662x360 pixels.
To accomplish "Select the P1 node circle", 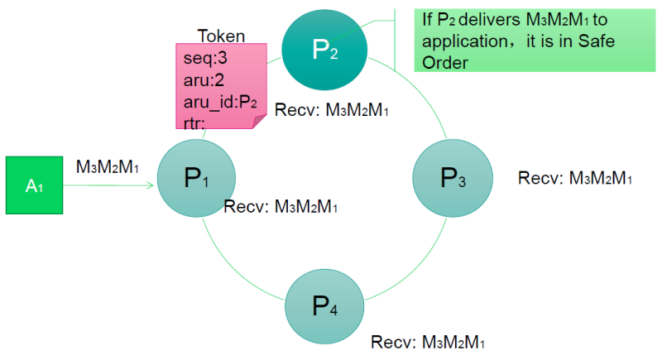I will pos(195,178).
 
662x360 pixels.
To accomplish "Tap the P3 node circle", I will pos(452,178).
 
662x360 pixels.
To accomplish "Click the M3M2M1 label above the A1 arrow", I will pos(107,166).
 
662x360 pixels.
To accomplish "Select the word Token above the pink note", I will pos(221,36).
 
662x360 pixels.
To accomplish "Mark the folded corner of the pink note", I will pos(258,122).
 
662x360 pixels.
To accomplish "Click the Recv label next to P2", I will pos(331,109).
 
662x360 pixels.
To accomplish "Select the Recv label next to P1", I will pos(281,205).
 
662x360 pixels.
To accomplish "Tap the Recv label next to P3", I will pos(575,178).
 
